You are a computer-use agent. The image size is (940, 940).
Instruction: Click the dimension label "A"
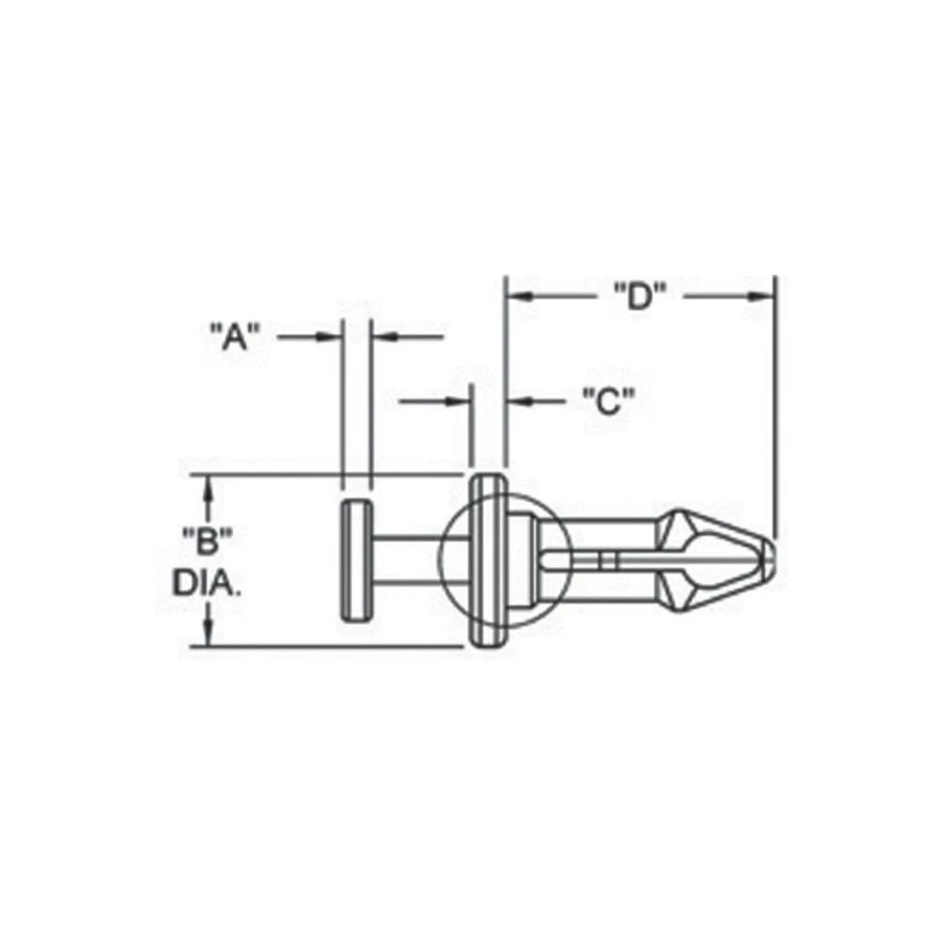point(232,336)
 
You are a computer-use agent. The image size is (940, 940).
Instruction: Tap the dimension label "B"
point(206,540)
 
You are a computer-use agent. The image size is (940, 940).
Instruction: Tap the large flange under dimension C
point(488,561)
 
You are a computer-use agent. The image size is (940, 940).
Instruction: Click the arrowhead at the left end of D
point(519,296)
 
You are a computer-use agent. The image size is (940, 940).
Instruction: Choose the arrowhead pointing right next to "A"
point(329,336)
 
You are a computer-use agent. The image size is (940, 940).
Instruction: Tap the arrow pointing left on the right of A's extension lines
point(384,336)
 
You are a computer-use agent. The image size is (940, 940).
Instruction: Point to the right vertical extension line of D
point(775,404)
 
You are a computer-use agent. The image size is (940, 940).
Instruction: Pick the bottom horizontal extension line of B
point(329,648)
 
